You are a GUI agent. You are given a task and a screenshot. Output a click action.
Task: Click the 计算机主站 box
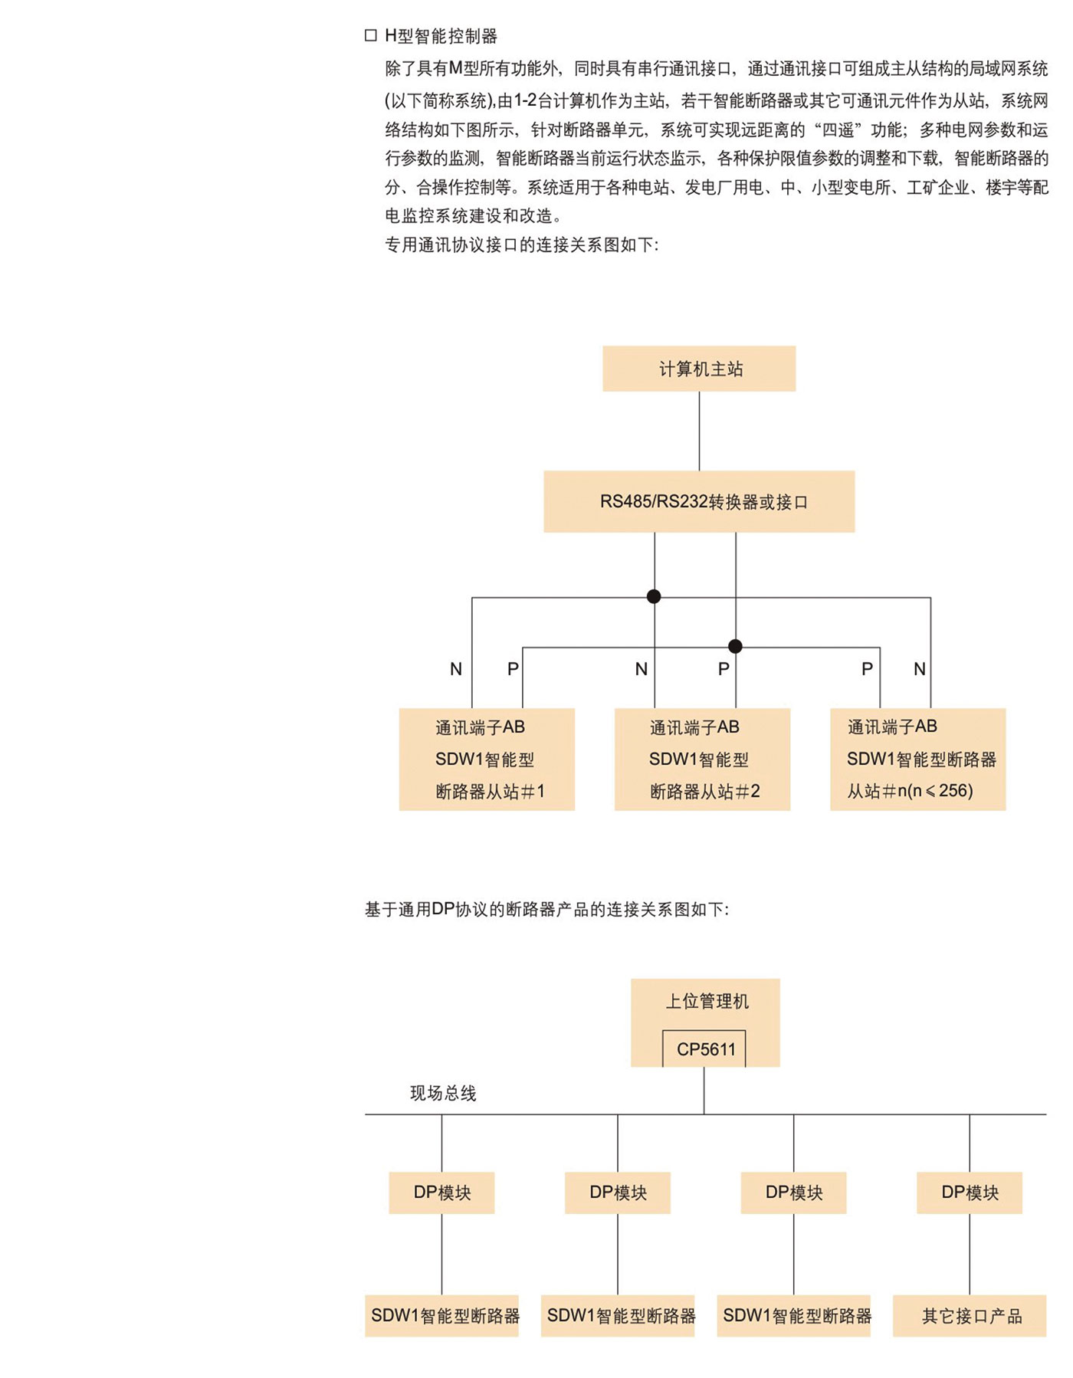698,369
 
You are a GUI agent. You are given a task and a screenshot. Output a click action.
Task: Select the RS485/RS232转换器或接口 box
698,502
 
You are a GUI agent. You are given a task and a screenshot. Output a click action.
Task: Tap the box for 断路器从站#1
487,760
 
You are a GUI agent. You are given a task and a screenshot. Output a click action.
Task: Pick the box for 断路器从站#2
702,760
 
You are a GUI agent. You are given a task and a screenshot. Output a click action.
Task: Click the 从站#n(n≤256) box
917,760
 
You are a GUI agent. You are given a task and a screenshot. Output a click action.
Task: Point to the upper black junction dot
654,596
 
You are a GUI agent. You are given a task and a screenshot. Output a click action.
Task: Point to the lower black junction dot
735,646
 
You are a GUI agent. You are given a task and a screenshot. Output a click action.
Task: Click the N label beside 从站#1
456,669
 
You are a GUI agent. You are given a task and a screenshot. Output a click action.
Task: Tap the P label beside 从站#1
513,669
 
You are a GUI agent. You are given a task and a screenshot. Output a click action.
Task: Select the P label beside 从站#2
724,669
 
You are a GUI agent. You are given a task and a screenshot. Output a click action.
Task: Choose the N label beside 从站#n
920,669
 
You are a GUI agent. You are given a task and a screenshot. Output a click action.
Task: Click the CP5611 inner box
705,1048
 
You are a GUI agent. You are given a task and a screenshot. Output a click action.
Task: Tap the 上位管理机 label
707,1001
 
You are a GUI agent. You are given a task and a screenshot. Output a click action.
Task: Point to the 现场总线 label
443,1093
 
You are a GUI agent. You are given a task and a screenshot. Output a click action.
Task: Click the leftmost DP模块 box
441,1193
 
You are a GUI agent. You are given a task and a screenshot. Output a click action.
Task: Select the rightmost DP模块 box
970,1193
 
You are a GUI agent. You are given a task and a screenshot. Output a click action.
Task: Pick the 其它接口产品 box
970,1316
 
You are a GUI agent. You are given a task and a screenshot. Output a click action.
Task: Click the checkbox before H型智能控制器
371,35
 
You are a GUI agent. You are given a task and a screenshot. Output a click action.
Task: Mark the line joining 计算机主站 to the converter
699,431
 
